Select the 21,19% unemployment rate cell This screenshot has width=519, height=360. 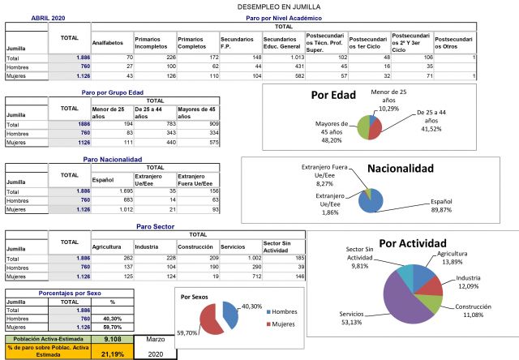tap(113, 353)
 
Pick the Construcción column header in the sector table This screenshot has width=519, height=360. tap(197, 246)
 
